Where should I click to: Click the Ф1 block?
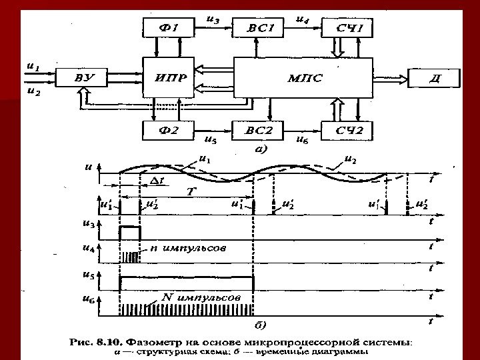(169, 28)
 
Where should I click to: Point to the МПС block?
(304, 78)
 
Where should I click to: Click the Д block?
(435, 78)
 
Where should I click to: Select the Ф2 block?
(169, 129)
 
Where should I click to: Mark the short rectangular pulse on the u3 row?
(130, 232)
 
